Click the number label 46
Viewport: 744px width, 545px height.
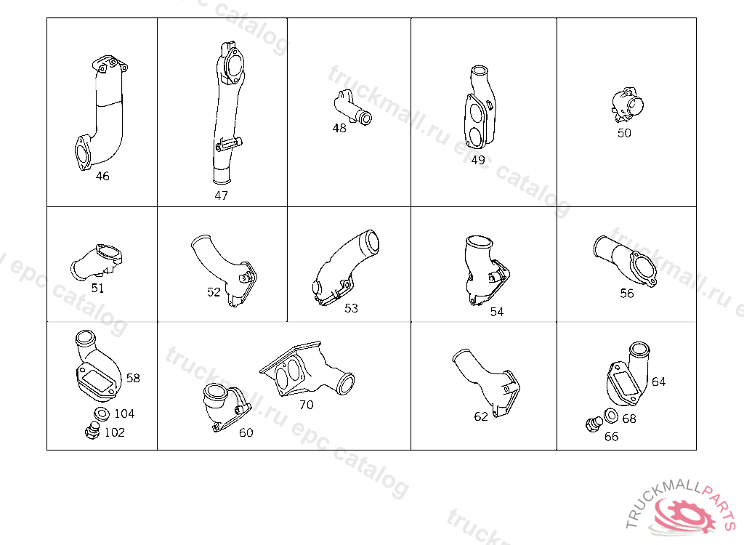point(102,176)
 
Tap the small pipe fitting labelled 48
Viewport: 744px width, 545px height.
point(352,108)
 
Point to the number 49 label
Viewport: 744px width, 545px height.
point(478,160)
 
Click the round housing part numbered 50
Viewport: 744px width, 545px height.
point(627,105)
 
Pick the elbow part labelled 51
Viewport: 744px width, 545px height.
point(97,262)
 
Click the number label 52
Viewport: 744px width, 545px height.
point(214,292)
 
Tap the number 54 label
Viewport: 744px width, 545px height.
point(497,312)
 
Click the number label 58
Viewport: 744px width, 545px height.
point(133,378)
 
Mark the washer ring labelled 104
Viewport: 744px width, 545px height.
point(102,414)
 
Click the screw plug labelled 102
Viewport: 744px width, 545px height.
point(92,431)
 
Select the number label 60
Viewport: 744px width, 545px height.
point(246,432)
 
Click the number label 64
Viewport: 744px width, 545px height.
point(658,381)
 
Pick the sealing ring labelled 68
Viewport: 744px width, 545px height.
point(610,416)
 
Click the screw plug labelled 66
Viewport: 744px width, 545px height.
point(594,424)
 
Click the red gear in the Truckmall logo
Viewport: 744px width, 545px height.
point(686,514)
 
